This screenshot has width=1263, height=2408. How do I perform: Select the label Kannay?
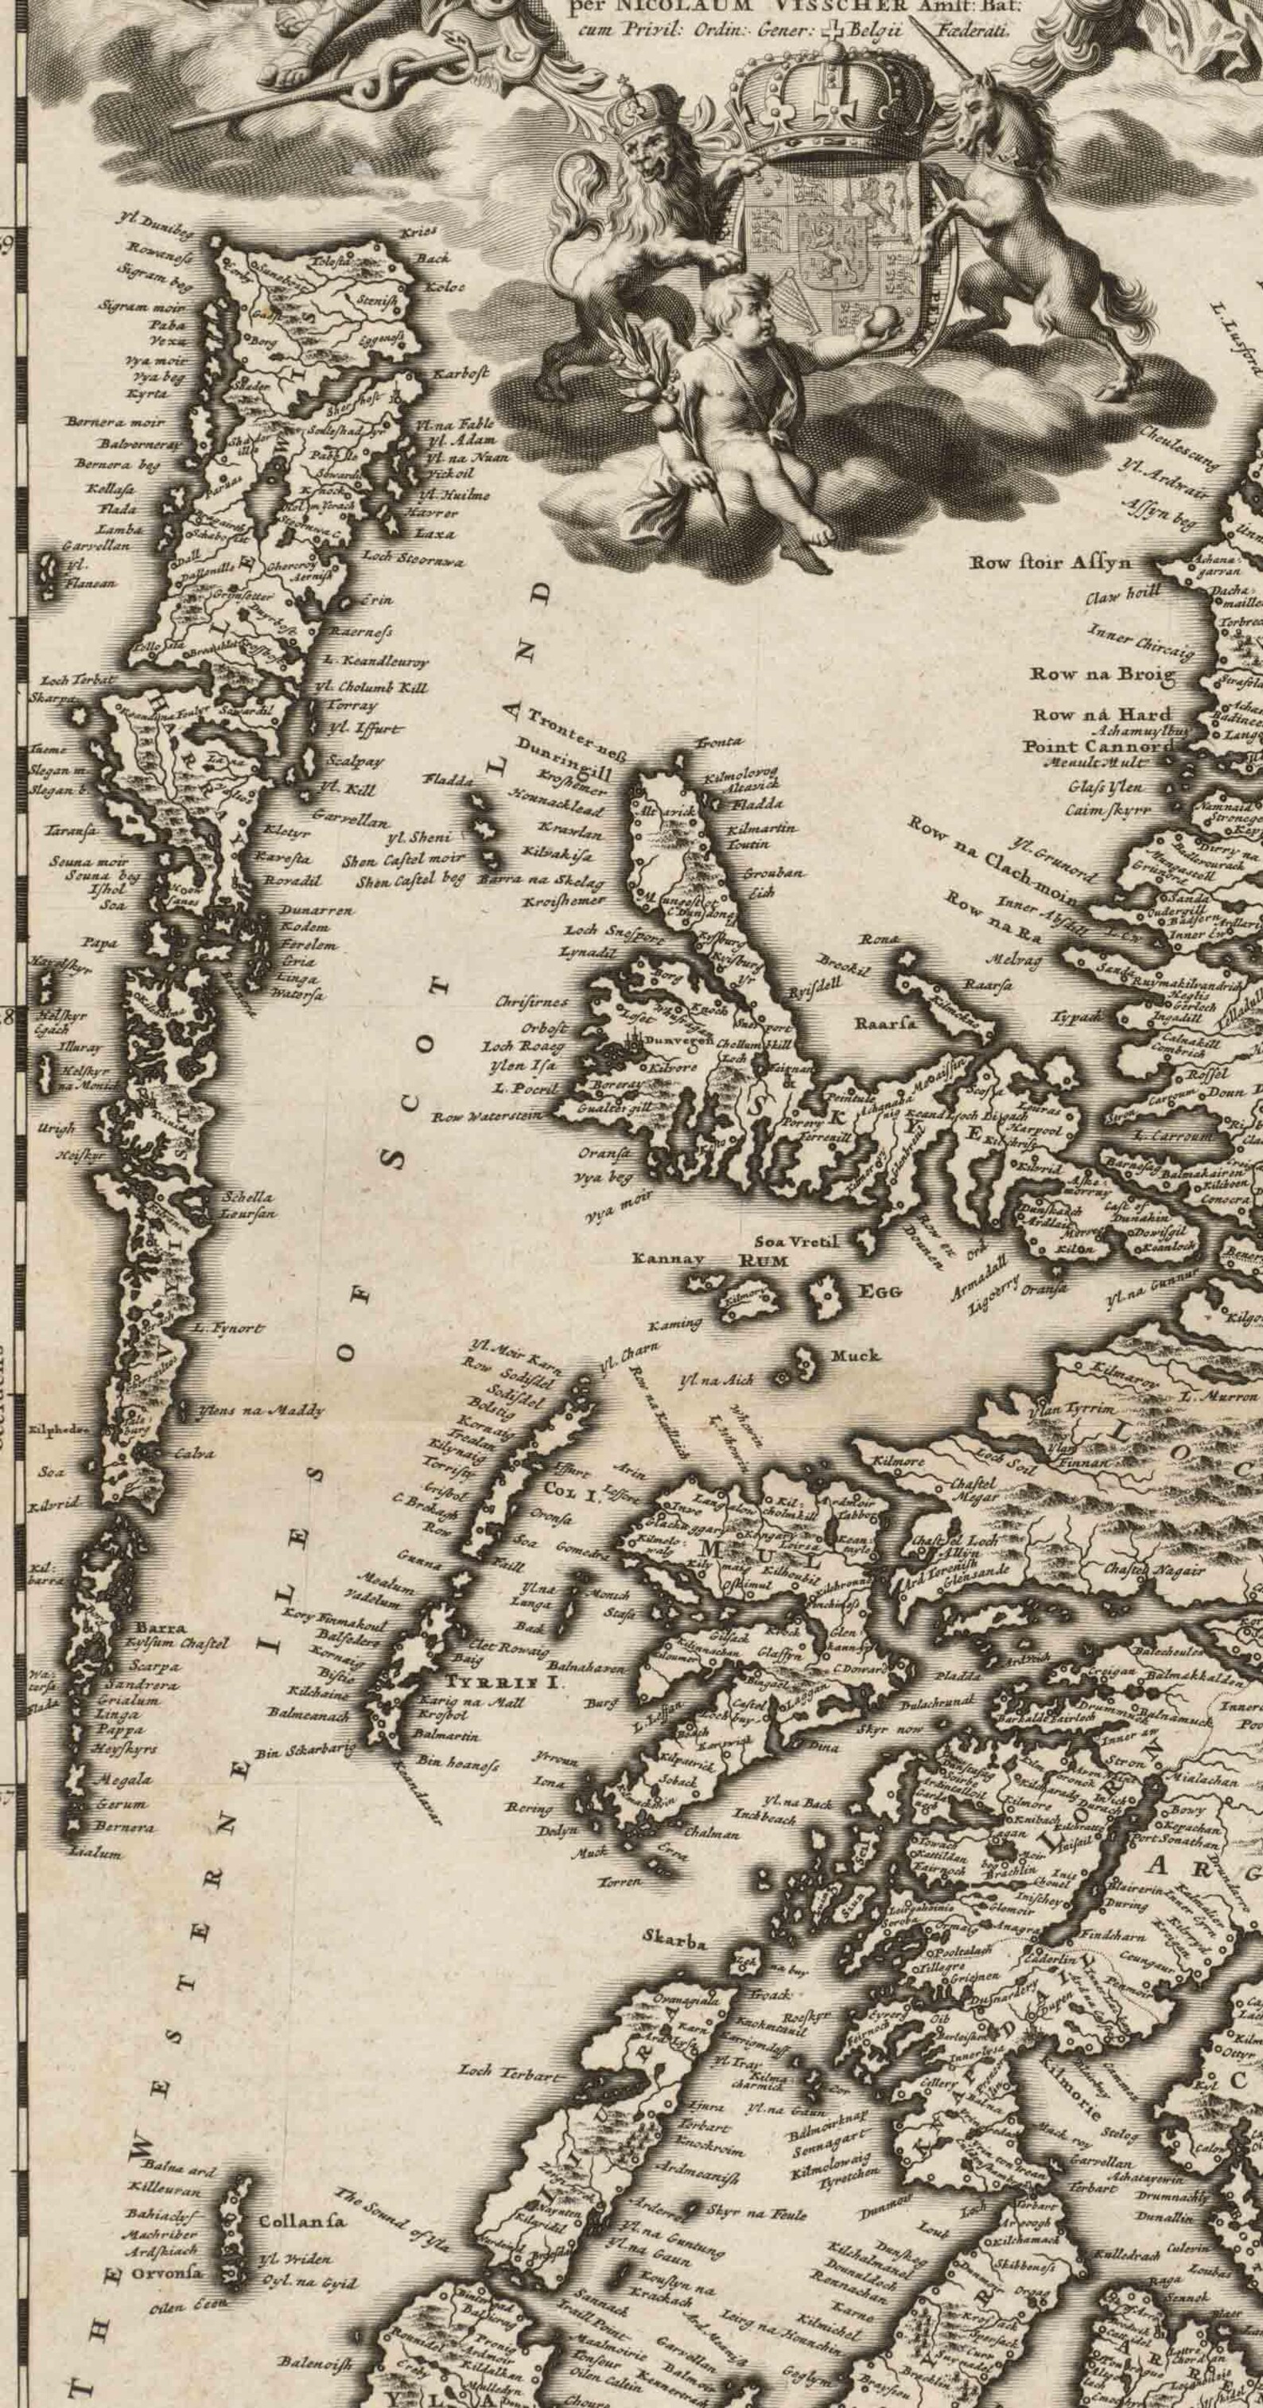click(x=667, y=1259)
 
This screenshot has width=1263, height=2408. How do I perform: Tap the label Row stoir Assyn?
click(x=1051, y=563)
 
